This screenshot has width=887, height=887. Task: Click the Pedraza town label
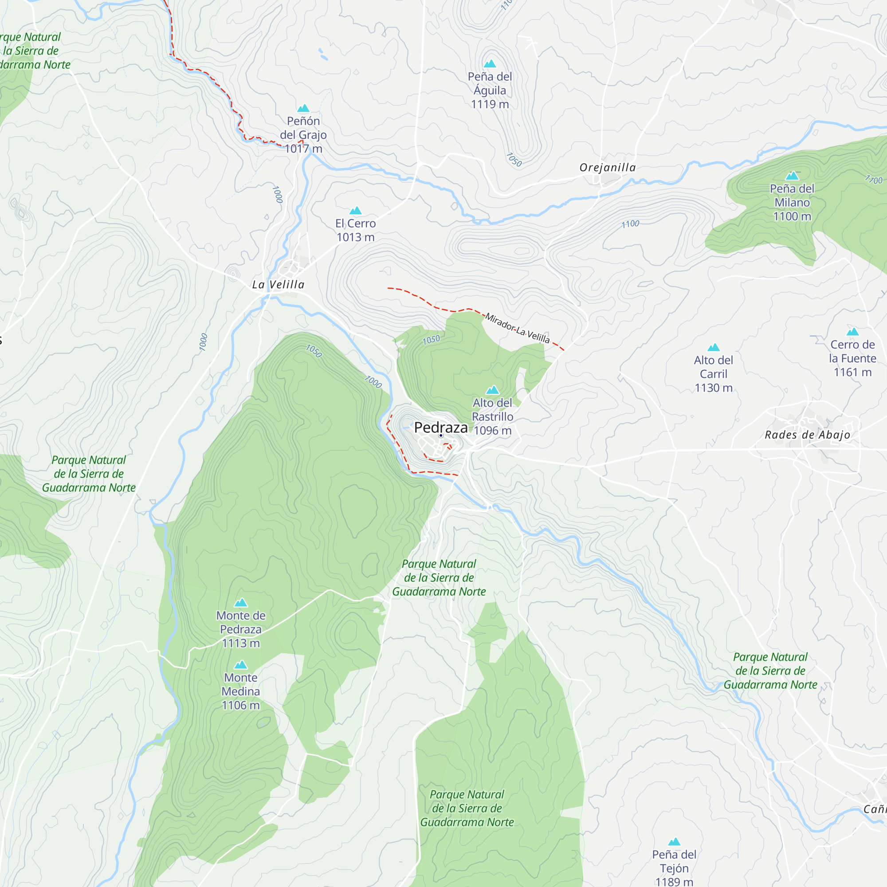click(x=441, y=428)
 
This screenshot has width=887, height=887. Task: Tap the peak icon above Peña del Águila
click(x=490, y=64)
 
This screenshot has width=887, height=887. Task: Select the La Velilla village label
click(x=278, y=285)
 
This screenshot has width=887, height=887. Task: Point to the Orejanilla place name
click(x=608, y=168)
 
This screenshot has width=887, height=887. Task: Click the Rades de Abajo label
click(x=807, y=435)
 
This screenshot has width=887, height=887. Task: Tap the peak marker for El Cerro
click(x=355, y=211)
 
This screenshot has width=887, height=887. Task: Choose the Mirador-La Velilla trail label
click(x=518, y=328)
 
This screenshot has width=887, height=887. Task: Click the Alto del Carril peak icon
click(x=714, y=348)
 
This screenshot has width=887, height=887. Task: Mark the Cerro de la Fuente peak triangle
click(x=852, y=332)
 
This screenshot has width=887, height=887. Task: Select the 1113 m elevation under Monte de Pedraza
click(x=240, y=643)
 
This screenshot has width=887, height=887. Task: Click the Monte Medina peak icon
click(x=240, y=665)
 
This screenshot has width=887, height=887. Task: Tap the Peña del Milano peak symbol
click(x=792, y=176)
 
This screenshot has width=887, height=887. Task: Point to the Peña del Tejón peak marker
click(x=674, y=842)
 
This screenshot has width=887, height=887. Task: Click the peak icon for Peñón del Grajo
click(x=303, y=108)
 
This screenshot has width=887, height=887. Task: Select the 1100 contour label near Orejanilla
click(x=630, y=224)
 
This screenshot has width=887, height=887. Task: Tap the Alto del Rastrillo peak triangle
click(x=493, y=390)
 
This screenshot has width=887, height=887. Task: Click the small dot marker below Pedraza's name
click(x=441, y=436)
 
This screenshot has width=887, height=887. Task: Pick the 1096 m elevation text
click(x=493, y=431)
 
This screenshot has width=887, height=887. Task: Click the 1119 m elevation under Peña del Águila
click(x=490, y=104)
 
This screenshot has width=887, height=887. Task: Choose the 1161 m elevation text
click(x=852, y=373)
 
